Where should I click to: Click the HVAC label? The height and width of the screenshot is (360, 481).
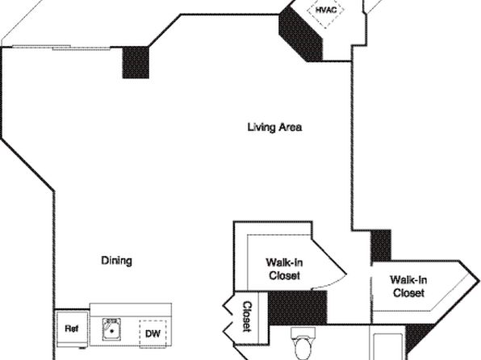326,10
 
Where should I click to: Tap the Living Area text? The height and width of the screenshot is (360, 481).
274,127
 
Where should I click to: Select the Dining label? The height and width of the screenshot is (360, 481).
116,261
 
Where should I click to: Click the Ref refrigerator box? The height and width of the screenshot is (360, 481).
73,329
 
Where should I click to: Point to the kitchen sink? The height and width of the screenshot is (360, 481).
111,329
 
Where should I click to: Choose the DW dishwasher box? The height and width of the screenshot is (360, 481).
153,333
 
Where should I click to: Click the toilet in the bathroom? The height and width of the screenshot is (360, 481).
303,344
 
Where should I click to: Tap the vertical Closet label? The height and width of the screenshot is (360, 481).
247,316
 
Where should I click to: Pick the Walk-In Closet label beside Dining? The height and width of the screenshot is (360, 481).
284,269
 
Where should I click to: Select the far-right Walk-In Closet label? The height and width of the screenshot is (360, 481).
408,286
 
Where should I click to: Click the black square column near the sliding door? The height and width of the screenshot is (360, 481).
136,62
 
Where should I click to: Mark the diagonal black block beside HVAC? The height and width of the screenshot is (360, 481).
300,35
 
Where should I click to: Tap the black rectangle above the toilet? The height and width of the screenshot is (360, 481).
297,308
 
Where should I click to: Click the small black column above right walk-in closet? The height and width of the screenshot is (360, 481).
381,245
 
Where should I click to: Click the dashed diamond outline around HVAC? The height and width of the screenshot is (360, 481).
334,19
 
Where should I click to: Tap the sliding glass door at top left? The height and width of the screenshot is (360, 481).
61,48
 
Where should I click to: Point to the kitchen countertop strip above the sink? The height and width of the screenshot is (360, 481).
131,310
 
